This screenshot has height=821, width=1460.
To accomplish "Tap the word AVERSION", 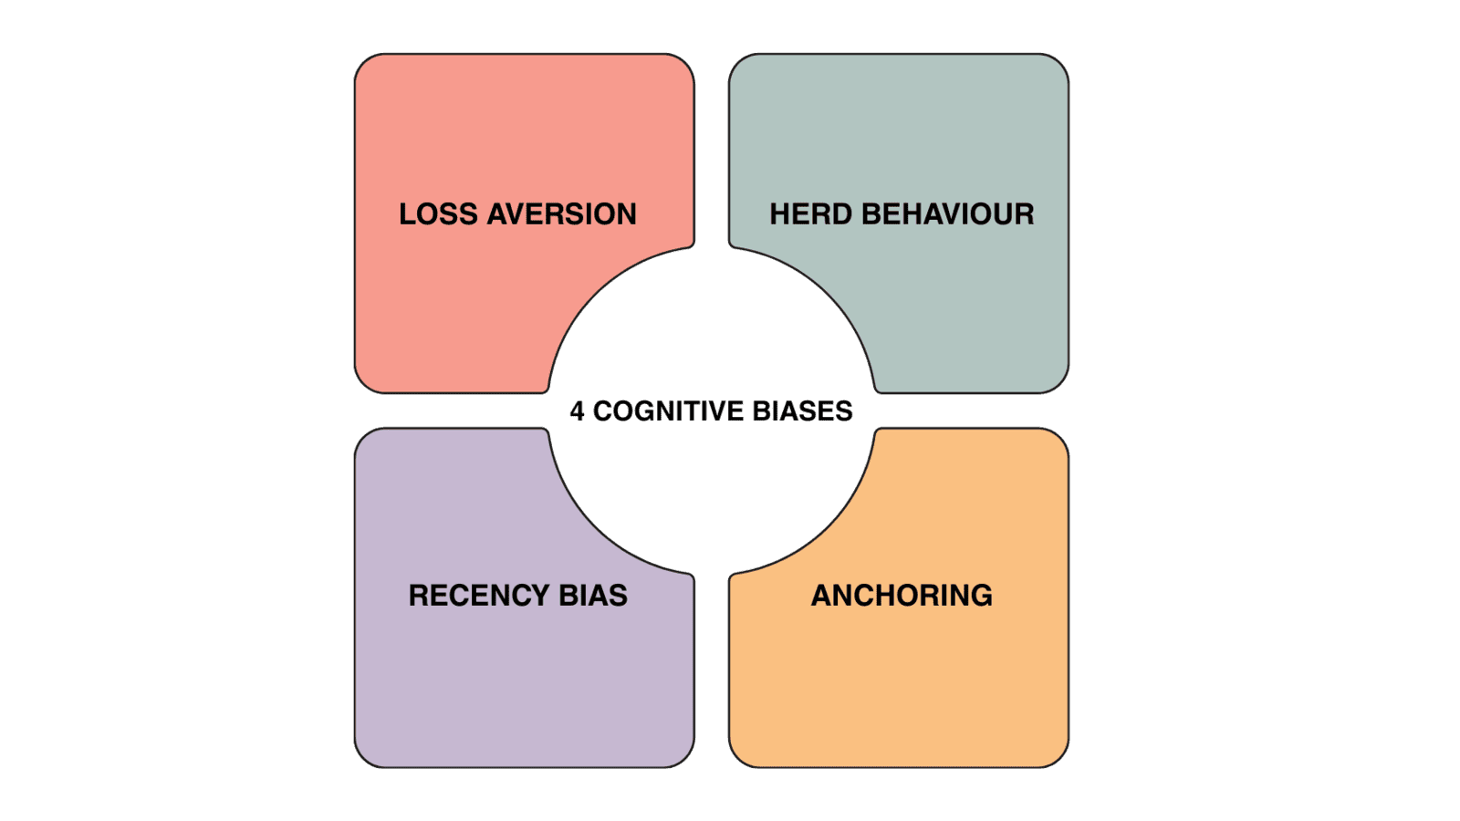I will point(562,214).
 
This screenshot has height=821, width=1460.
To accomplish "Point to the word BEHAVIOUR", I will point(948,214).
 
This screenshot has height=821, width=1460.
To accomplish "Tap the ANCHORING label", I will point(902,596).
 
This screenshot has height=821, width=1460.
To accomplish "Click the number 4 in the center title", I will point(577,411).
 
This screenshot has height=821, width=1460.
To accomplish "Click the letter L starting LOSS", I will point(407,214).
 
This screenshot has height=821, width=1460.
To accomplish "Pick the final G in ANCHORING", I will point(980,596).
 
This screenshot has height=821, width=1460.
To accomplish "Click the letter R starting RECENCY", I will point(419,596).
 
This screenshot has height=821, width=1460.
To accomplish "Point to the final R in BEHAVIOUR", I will point(1025,214).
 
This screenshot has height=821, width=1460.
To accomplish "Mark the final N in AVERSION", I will point(626,214).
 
